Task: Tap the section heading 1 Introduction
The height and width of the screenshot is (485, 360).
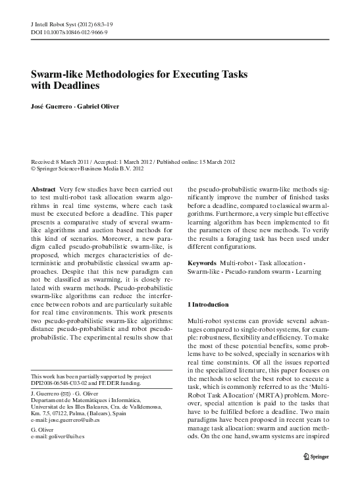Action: (209, 305)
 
